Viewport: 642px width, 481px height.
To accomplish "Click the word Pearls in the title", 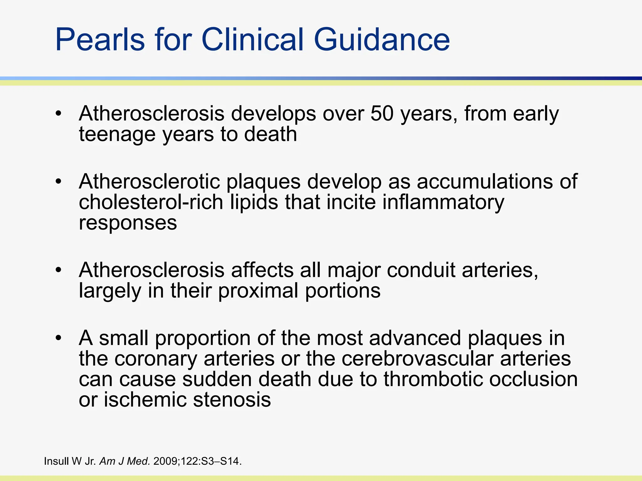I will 100,40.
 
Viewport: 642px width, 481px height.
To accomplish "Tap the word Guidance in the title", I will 382,40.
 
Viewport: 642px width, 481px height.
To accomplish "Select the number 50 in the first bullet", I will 382,113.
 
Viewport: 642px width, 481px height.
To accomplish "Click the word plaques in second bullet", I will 263,182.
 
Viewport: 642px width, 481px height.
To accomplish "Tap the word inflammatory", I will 443,203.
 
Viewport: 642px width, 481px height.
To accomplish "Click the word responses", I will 128,223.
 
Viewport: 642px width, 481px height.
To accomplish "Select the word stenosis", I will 232,400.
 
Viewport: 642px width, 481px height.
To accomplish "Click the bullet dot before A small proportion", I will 58,338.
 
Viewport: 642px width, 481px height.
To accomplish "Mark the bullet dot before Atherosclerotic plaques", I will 58,182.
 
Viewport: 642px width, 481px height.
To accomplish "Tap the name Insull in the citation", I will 56,461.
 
